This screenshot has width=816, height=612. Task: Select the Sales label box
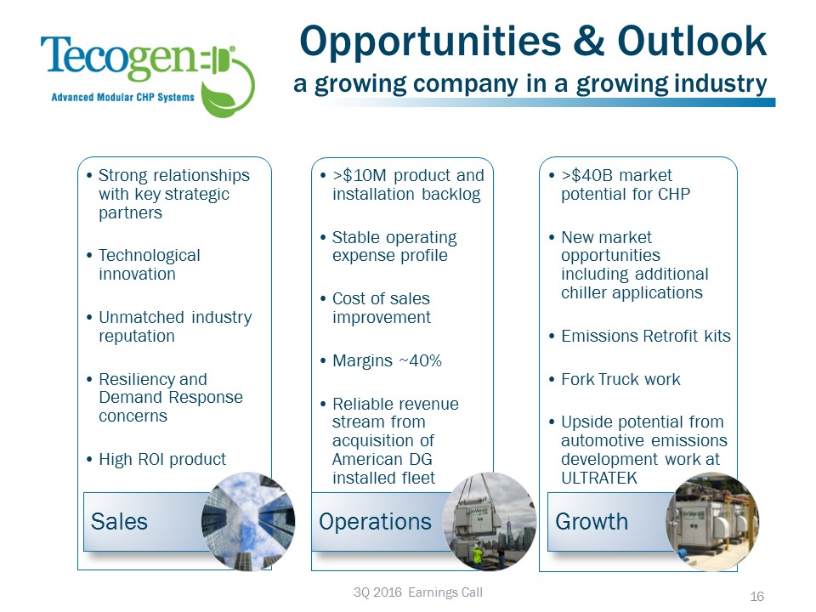(x=140, y=520)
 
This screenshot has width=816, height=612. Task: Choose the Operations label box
(x=375, y=520)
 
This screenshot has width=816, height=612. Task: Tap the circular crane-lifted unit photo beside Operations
(x=490, y=520)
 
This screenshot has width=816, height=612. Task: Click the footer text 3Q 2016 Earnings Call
(x=417, y=592)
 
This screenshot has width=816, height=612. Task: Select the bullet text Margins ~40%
(x=387, y=360)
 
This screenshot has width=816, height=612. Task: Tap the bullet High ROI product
(x=162, y=459)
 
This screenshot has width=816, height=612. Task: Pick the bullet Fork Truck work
(x=620, y=379)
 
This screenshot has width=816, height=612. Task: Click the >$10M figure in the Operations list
(x=360, y=175)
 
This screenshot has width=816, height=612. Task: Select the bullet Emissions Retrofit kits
(x=645, y=336)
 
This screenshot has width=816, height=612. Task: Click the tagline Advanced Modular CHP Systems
(x=122, y=97)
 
